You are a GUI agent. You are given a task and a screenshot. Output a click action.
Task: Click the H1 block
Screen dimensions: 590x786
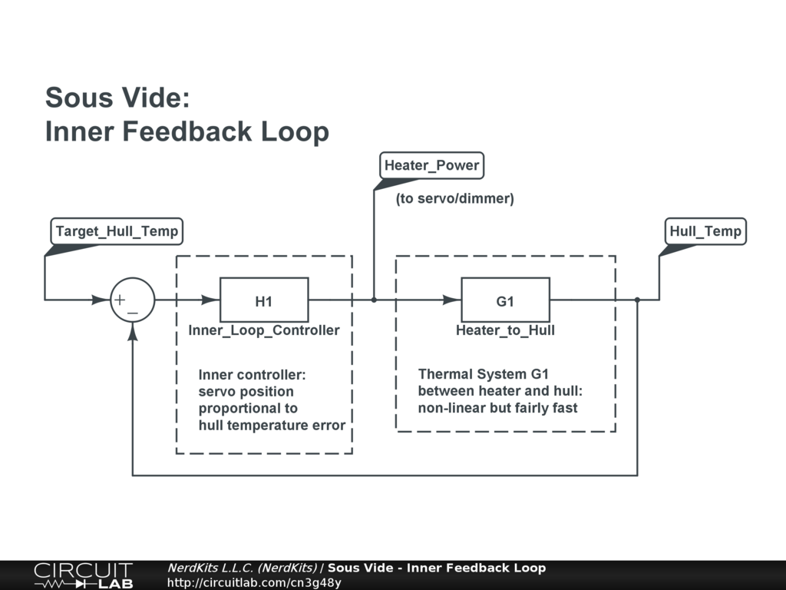click(264, 300)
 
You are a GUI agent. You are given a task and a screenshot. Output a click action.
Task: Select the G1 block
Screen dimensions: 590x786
click(505, 300)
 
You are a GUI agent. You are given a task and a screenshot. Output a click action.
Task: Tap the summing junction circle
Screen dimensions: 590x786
click(133, 300)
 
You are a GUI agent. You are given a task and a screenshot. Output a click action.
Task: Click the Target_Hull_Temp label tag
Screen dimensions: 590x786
click(117, 231)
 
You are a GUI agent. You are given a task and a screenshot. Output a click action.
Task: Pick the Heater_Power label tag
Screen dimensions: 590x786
click(431, 165)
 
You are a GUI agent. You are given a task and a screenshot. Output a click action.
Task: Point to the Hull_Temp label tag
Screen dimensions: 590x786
click(705, 231)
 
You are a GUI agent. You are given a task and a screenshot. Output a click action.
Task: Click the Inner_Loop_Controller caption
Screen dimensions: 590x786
click(264, 330)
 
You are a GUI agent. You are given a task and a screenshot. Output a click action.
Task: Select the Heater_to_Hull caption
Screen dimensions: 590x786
click(505, 330)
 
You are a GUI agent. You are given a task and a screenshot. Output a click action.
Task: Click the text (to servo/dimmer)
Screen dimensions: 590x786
click(454, 199)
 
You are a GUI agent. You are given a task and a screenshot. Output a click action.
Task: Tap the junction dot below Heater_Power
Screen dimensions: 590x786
click(374, 300)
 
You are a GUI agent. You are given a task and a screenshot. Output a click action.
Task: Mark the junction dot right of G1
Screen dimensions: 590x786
click(637, 300)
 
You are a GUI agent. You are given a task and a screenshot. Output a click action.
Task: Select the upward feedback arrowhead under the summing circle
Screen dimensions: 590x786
click(133, 330)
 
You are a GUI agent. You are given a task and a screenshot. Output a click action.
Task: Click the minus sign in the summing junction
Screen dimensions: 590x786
click(134, 313)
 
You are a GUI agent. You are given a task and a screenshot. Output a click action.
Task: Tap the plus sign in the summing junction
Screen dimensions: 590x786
click(121, 299)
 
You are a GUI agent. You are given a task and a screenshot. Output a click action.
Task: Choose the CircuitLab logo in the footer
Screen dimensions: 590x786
click(83, 575)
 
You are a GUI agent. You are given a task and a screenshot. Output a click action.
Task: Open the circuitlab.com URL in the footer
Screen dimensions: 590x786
click(254, 582)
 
